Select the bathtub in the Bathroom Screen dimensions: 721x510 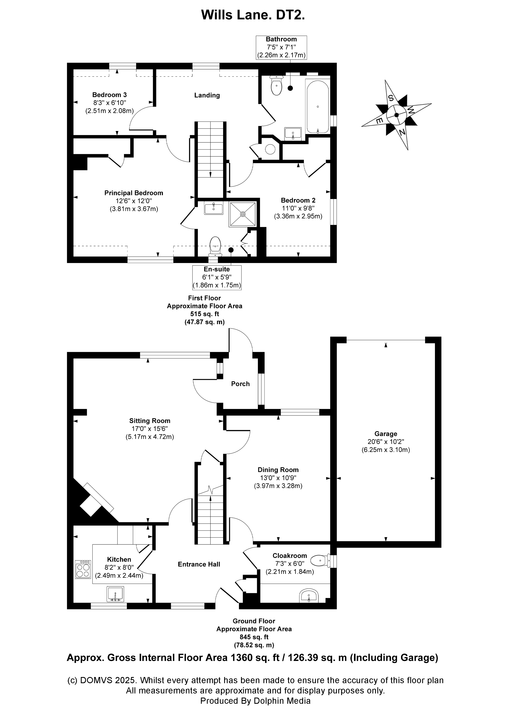coord(318,106)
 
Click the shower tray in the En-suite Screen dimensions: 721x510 coord(243,214)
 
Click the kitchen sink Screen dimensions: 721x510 coord(115,594)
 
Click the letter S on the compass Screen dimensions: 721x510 coord(391,98)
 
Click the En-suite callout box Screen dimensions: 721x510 coord(217,277)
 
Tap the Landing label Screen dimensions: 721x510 coord(207,95)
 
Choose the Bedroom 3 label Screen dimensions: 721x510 coord(109,95)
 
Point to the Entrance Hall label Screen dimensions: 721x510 coord(199,564)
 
